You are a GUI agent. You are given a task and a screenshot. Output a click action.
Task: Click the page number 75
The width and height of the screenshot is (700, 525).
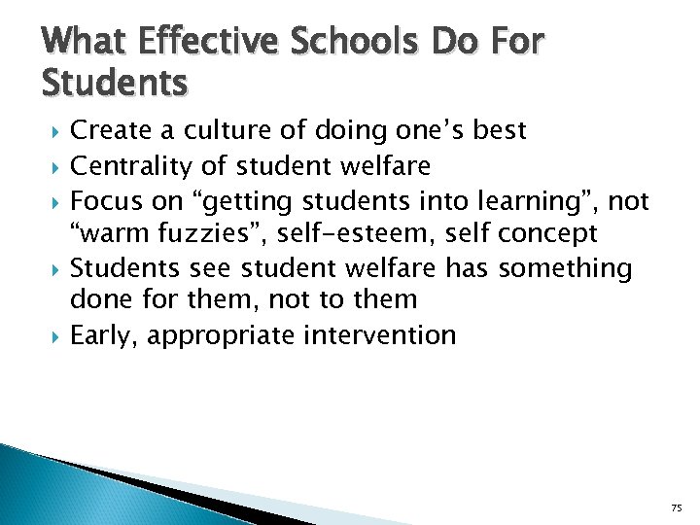click(676, 507)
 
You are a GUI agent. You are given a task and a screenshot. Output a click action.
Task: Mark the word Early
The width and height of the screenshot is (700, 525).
click(106, 335)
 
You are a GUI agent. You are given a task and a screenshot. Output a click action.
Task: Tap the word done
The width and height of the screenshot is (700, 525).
click(100, 300)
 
